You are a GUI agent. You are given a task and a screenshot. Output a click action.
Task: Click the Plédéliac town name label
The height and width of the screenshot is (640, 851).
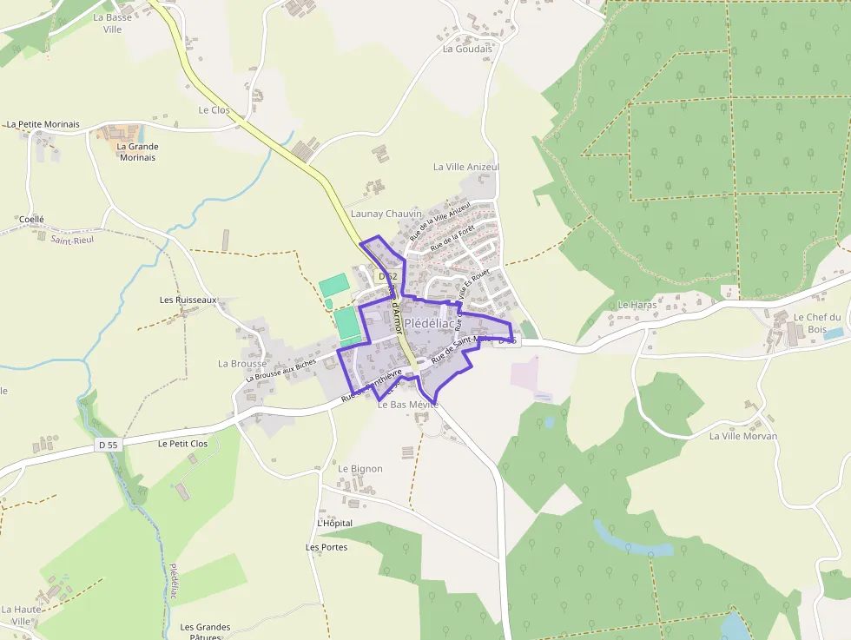[429, 323]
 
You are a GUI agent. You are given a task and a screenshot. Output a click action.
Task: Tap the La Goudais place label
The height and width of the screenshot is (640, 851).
[467, 49]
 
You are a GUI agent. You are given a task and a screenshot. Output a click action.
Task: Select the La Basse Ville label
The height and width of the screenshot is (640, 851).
[113, 23]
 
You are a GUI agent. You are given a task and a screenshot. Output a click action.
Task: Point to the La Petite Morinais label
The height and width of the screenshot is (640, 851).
[43, 124]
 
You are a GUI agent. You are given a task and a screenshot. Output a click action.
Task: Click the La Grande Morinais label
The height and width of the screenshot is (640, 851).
[137, 152]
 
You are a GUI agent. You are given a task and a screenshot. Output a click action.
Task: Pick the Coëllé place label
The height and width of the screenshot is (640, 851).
[31, 220]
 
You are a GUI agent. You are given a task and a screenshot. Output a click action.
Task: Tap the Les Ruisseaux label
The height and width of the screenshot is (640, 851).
[188, 300]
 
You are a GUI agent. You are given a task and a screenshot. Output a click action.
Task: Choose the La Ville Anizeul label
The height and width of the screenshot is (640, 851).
[466, 167]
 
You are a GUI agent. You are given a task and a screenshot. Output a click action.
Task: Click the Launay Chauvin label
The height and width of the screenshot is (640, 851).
[386, 214]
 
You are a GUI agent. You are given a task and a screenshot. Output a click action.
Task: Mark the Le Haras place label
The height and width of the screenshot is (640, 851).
[637, 305]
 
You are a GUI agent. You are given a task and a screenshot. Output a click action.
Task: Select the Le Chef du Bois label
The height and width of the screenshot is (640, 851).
[817, 323]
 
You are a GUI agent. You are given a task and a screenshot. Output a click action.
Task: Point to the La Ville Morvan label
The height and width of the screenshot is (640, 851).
[743, 436]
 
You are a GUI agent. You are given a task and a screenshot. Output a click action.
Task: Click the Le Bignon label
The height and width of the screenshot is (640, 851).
[360, 469]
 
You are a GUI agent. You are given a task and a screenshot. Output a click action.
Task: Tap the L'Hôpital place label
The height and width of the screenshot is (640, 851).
[335, 524]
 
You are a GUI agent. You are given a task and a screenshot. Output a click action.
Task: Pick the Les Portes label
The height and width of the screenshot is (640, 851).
[327, 547]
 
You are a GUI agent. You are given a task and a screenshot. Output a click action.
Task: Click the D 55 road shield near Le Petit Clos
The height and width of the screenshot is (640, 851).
[109, 445]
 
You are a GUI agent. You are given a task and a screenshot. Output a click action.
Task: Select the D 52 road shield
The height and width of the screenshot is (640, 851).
[387, 277]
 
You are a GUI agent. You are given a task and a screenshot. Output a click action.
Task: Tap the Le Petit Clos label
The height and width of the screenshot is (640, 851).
[183, 444]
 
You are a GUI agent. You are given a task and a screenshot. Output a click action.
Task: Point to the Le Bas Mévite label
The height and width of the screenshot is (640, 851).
[408, 405]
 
